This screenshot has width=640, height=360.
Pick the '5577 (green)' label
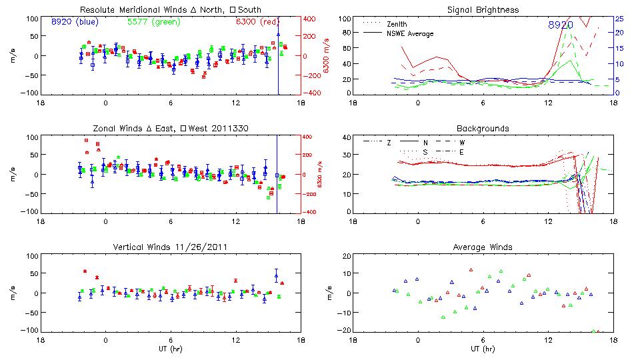pos(152,22)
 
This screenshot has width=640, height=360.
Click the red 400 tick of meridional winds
pos(310,19)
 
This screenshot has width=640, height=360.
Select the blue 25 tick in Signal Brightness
pos(619,19)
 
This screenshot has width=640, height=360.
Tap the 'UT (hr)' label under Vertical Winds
pos(170,349)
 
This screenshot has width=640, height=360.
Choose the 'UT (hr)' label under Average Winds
pos(482,349)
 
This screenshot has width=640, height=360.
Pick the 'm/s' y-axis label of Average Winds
pos(331,293)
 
